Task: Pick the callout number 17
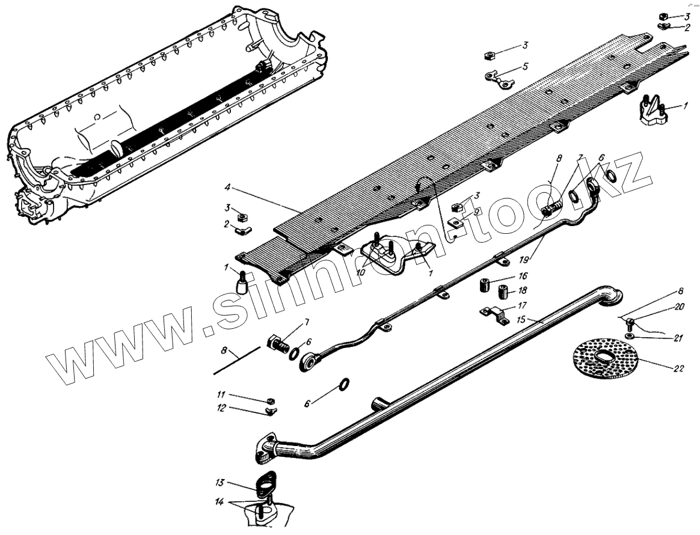[523, 305]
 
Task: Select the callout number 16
[523, 276]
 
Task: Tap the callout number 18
[523, 290]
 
